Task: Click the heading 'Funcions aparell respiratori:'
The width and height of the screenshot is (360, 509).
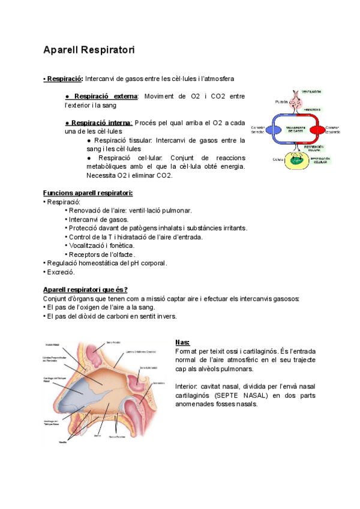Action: pyautogui.click(x=88, y=193)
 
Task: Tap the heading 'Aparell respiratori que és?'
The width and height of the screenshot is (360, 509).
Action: pyautogui.click(x=85, y=289)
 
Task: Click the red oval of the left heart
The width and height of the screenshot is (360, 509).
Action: pyautogui.click(x=315, y=130)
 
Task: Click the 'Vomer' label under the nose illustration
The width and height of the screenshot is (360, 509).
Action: pyautogui.click(x=98, y=436)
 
